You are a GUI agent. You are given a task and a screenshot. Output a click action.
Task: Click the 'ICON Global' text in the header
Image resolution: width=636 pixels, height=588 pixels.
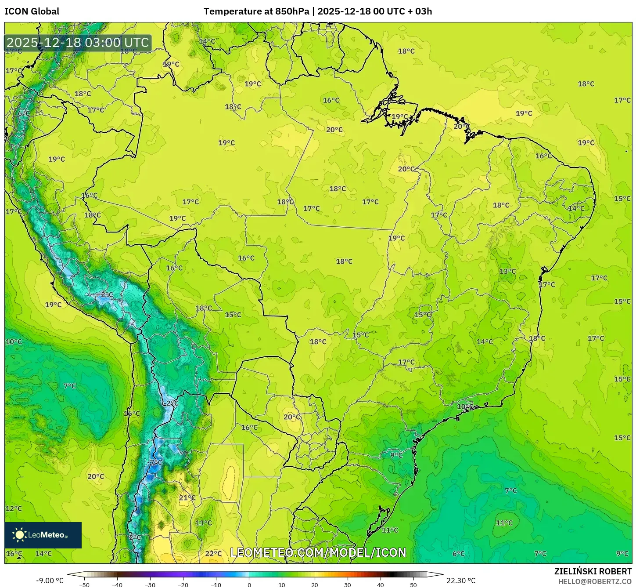pos(32,11)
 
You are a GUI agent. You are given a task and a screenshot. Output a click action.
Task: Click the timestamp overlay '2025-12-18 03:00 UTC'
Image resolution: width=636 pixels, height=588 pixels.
pos(78,43)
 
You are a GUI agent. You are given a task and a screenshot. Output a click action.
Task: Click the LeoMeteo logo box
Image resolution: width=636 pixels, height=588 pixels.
pos(43,535)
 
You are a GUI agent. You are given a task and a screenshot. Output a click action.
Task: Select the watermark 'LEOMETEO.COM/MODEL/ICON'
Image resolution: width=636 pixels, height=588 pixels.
pos(318,552)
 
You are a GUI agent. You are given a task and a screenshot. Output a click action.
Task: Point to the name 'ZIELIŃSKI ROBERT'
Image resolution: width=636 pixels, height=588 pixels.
pos(593,571)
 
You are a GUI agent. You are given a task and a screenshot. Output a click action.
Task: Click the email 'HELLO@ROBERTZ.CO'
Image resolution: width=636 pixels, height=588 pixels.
pos(595,581)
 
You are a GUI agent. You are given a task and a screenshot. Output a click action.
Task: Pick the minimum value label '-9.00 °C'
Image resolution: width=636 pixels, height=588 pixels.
pos(50,581)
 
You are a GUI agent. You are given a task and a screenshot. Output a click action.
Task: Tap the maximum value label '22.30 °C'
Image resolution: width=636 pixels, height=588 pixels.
pos(461,581)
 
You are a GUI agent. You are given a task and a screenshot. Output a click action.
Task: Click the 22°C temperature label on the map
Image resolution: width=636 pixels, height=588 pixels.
pos(213,554)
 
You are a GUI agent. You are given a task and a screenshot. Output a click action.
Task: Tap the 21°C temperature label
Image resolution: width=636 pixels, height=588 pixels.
pos(187,498)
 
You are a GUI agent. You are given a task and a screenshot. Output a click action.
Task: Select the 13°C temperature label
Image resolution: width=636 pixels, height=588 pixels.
pos(507,272)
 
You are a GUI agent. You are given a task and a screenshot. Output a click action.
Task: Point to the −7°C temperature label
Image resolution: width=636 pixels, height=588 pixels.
pos(155,463)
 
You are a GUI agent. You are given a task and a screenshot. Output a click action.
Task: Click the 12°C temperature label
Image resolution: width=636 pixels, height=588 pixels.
pos(14,509)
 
